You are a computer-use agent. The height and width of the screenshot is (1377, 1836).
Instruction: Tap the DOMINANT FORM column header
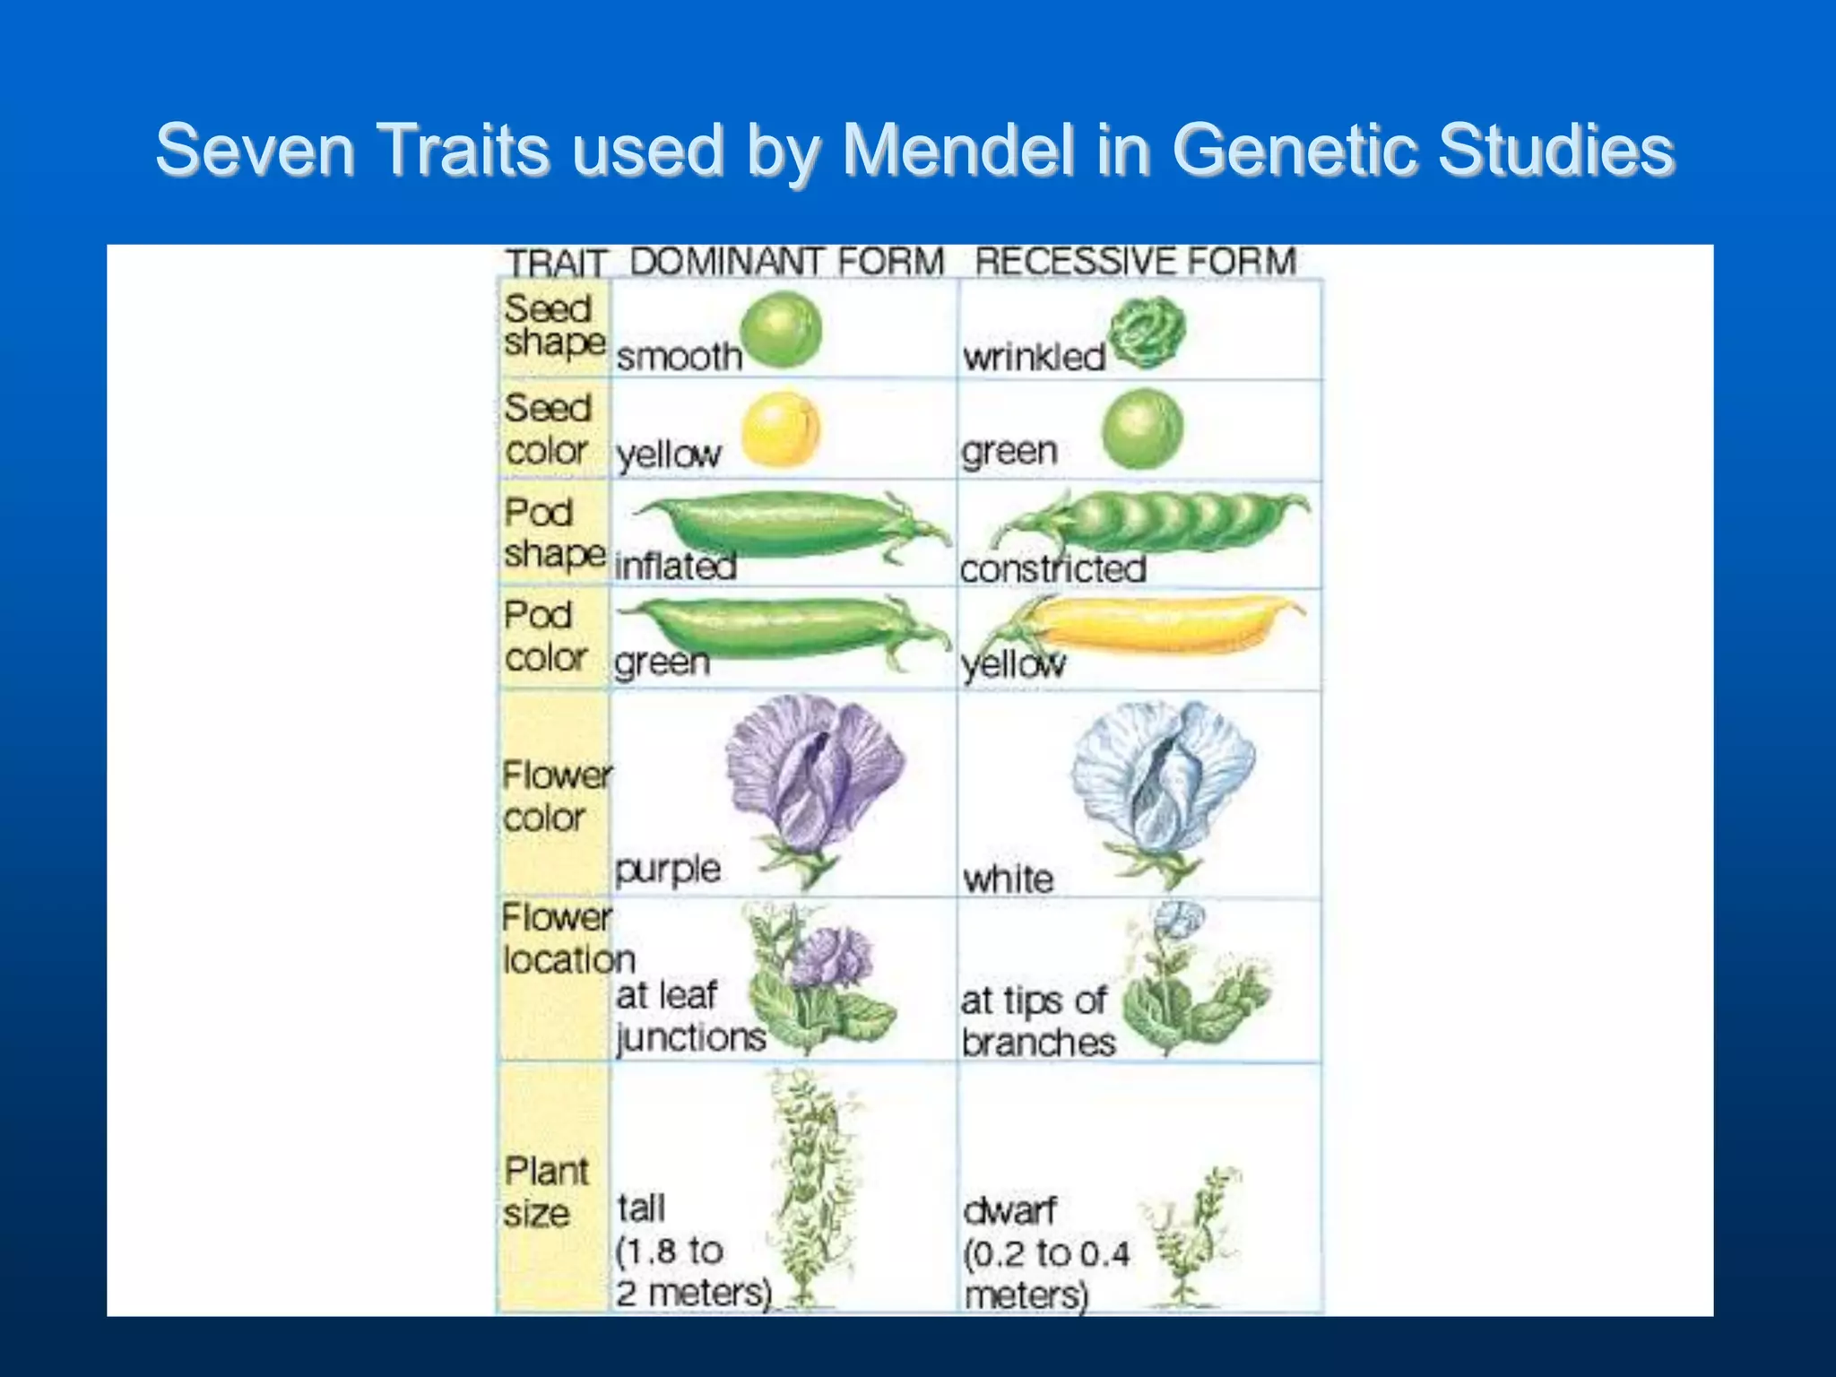click(787, 263)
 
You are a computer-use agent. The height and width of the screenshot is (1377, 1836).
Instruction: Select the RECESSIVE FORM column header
click(1135, 262)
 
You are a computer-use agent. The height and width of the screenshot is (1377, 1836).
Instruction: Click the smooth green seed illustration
click(781, 329)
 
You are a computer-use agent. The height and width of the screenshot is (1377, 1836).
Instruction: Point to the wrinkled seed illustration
click(1147, 333)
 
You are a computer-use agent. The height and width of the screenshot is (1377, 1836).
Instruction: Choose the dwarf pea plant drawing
click(1192, 1237)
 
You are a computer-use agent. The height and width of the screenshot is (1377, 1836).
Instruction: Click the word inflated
click(676, 567)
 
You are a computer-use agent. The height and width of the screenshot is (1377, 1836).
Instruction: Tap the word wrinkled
click(1034, 358)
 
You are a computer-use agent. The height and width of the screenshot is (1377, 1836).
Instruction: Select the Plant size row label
click(544, 1192)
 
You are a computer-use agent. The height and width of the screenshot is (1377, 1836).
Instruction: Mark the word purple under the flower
click(668, 869)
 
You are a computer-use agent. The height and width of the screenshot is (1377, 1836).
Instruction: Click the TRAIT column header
click(556, 264)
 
